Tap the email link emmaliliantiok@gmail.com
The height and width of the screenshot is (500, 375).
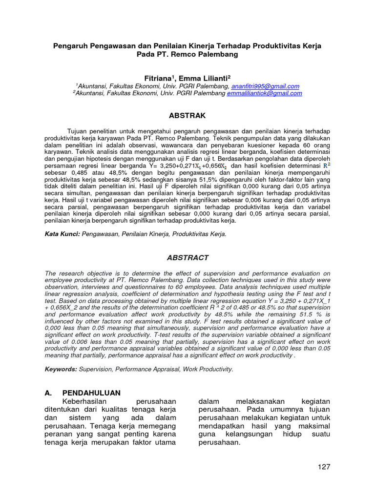click(264, 93)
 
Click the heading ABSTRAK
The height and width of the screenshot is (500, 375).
click(187, 116)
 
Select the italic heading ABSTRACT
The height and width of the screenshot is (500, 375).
click(187, 257)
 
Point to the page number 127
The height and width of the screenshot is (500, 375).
click(324, 466)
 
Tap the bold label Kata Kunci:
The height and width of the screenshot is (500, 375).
click(62, 234)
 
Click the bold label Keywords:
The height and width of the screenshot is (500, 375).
click(61, 369)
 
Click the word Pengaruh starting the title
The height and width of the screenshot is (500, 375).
click(70, 45)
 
